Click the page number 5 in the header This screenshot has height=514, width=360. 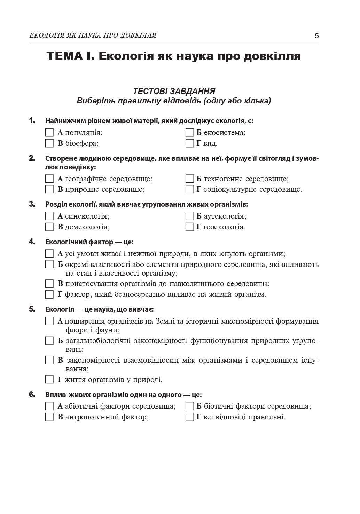316,35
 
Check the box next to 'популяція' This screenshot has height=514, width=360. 49,133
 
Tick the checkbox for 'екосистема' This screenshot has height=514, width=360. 189,133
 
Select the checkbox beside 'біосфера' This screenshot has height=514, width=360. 49,143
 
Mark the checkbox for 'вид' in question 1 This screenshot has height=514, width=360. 189,143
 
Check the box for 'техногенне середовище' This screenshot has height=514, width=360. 189,179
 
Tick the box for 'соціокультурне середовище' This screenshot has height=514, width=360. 189,190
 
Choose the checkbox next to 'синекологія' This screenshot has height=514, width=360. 49,216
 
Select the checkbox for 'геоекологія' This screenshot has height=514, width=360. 189,227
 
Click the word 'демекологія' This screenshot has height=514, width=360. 87,227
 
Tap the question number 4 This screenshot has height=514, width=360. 32,242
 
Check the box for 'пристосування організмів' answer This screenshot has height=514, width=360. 49,284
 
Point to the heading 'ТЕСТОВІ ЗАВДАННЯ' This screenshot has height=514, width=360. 174,91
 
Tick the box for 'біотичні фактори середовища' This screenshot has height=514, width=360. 189,406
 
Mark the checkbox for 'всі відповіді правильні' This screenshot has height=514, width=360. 189,417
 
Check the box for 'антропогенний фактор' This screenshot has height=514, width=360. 49,417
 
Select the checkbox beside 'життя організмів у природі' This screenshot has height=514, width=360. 49,380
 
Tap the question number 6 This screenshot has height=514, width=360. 32,395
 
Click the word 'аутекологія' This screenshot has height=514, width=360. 225,216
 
